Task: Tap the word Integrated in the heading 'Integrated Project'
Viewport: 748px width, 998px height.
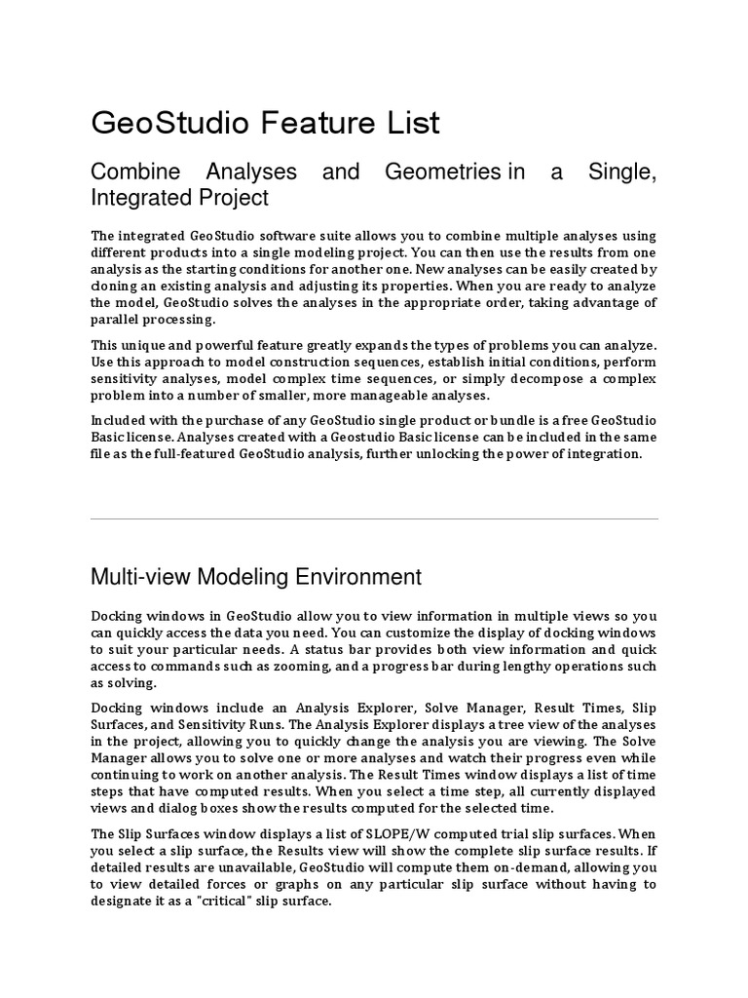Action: (x=137, y=198)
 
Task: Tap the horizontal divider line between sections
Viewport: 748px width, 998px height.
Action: (x=374, y=518)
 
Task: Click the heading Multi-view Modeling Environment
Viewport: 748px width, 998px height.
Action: (x=256, y=577)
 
